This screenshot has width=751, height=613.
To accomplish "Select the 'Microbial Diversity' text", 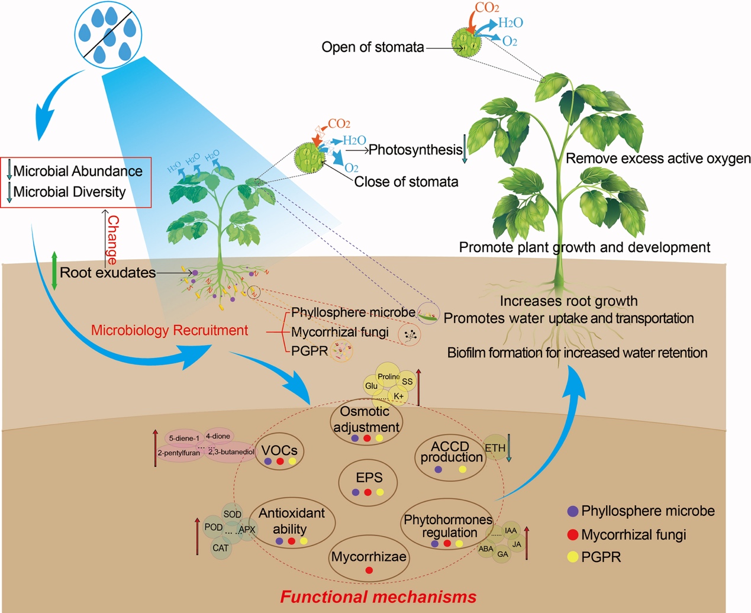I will (70, 192).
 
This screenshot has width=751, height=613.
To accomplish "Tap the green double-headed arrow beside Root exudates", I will (54, 270).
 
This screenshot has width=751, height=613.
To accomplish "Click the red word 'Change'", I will (112, 240).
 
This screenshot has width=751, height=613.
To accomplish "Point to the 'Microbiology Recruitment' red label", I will (169, 330).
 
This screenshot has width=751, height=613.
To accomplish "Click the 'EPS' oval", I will (369, 483).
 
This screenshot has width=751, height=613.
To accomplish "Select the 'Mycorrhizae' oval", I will (369, 559).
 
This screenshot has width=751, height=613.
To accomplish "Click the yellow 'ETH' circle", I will (495, 449).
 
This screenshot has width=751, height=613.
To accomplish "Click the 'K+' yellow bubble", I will (398, 396).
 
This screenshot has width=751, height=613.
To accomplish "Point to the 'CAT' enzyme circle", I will (220, 548).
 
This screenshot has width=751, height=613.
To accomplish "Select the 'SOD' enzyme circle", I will (232, 514).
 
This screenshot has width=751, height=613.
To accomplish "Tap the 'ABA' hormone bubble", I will (485, 549).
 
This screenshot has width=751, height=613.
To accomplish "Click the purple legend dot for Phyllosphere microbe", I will (572, 511).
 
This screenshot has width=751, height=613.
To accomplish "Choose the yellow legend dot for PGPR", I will (572, 557).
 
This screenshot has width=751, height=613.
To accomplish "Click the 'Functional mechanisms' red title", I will (378, 597).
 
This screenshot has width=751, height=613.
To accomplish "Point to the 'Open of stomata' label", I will (373, 47).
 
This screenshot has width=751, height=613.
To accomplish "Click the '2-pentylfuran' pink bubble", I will (179, 453).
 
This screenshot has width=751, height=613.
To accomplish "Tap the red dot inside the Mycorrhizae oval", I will (369, 570).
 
